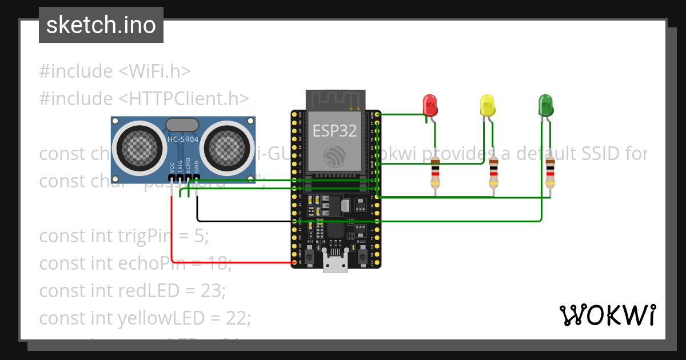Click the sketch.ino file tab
click(101, 25)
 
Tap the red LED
click(430, 105)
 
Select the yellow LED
click(487, 105)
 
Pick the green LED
click(545, 105)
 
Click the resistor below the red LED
click(436, 173)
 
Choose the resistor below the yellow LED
click(494, 173)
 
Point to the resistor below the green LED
click(550, 173)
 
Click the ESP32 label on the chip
click(334, 131)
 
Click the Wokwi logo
click(607, 315)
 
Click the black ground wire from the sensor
click(240, 221)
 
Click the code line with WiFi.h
click(114, 71)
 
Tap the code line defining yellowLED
click(145, 318)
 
